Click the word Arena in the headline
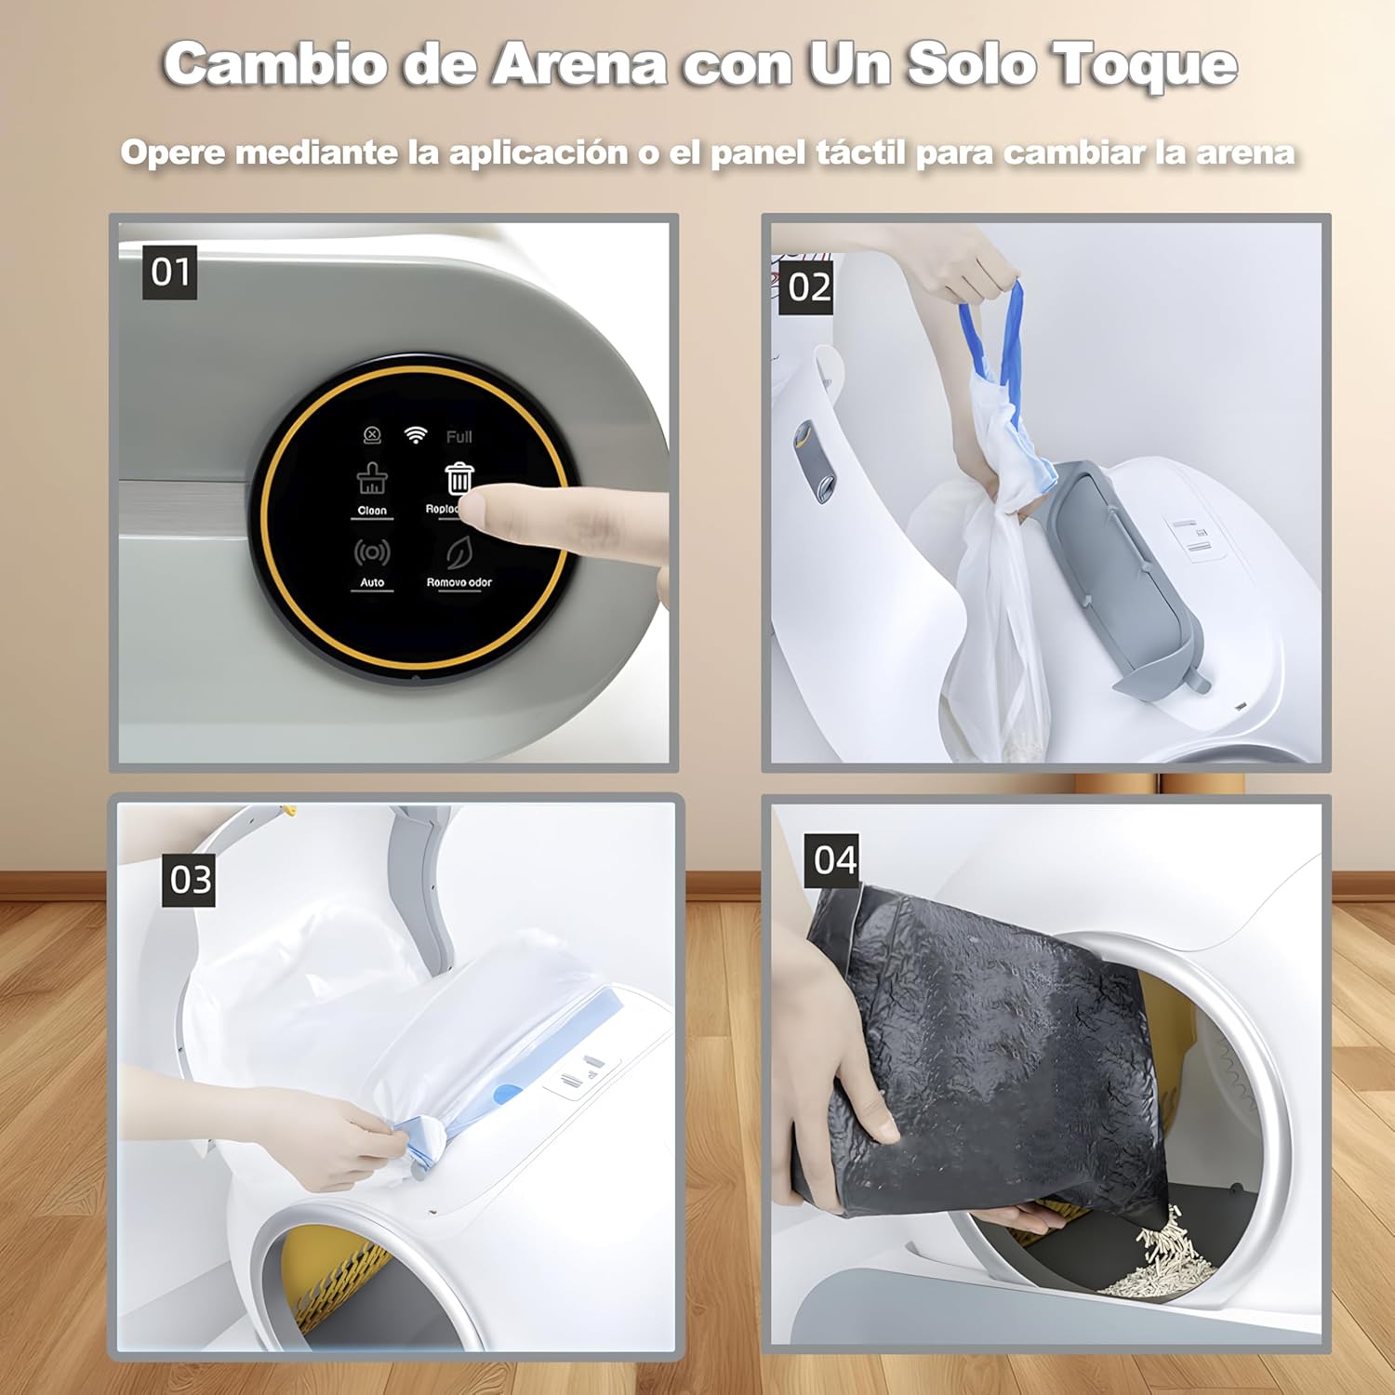[578, 65]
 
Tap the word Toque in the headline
[1144, 65]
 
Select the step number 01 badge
[170, 272]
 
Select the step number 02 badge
[807, 287]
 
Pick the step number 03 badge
[191, 879]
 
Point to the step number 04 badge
[833, 860]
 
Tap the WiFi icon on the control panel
[416, 435]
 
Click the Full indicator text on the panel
[458, 437]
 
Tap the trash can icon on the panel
[458, 479]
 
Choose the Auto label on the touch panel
[372, 582]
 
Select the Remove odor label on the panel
[458, 582]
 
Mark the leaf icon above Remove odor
[458, 552]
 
